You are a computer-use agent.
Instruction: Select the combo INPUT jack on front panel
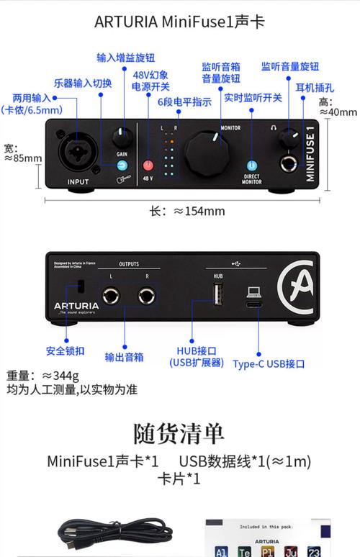click(x=78, y=152)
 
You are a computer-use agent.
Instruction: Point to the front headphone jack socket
click(x=289, y=163)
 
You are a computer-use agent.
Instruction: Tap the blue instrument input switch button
click(x=122, y=165)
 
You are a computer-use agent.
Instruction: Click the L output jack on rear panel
click(x=111, y=294)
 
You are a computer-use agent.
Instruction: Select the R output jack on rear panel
click(x=148, y=294)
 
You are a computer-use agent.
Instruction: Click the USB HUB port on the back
click(x=217, y=294)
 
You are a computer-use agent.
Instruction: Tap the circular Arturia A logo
click(x=295, y=287)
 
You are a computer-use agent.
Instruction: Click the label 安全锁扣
click(x=66, y=351)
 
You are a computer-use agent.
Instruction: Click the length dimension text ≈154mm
click(x=186, y=211)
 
